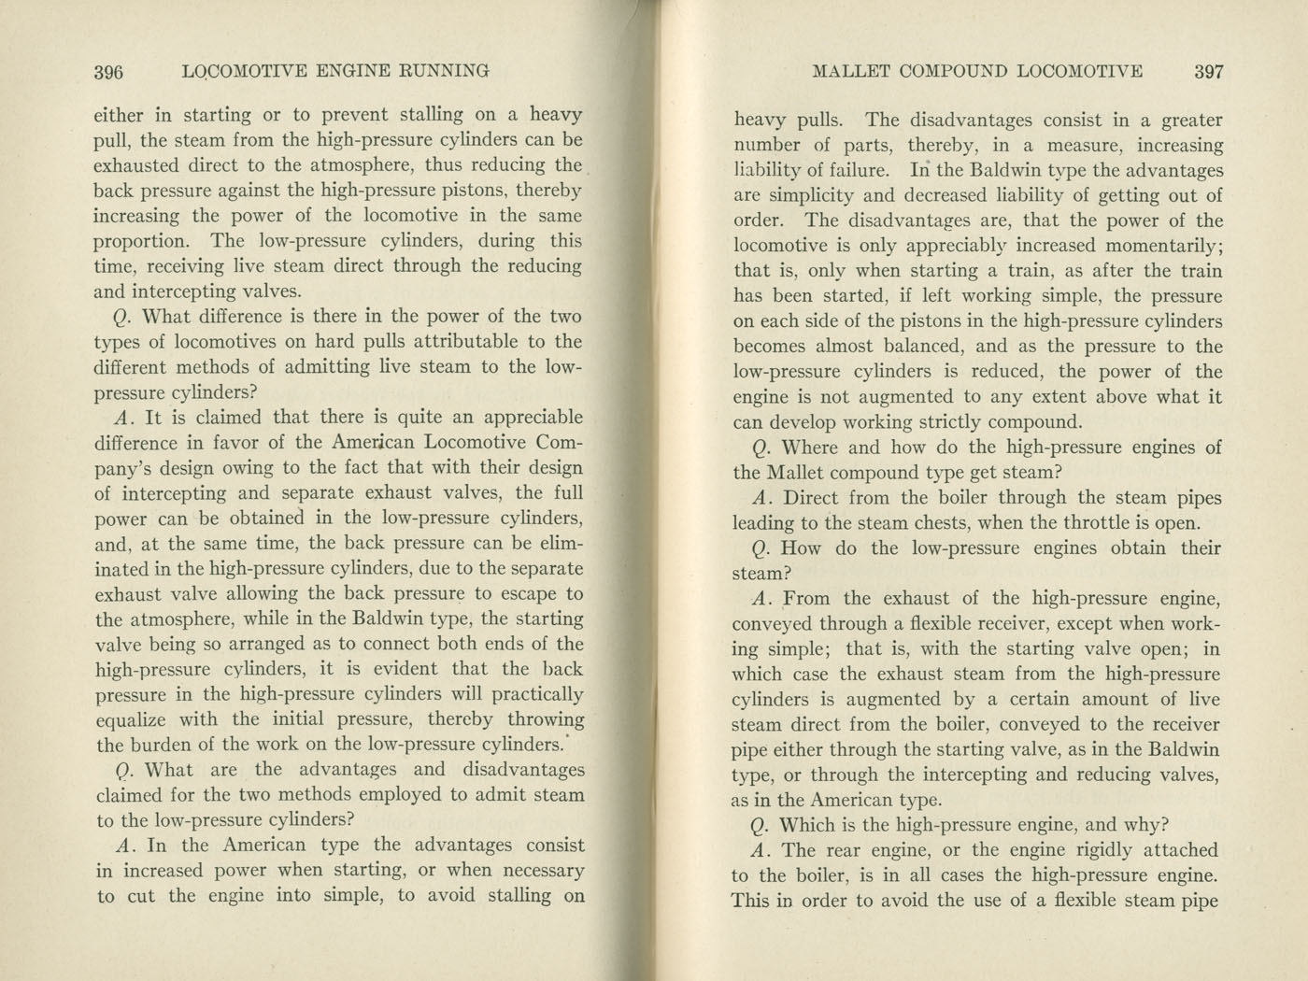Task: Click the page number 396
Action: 109,72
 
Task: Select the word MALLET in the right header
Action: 853,72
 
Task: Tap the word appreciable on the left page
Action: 527,418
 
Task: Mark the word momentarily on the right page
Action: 1163,246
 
